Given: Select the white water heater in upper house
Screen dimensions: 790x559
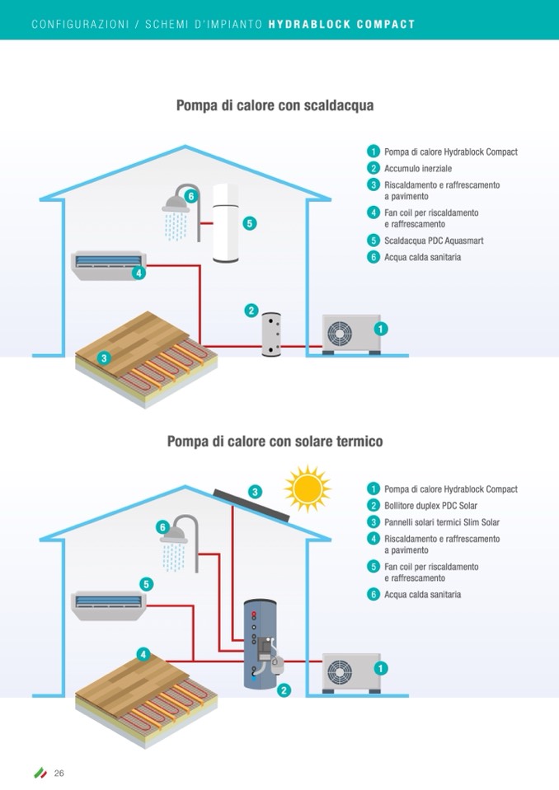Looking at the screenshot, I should [x=225, y=222].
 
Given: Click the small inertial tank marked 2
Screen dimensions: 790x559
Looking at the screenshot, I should [x=271, y=334].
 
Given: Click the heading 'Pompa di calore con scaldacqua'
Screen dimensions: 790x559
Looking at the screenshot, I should [x=275, y=106].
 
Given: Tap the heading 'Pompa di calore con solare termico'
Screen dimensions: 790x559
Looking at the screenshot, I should [x=275, y=442].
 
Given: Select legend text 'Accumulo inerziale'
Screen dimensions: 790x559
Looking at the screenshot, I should [x=417, y=168].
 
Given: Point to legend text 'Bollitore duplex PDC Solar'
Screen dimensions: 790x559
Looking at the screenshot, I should [x=430, y=506].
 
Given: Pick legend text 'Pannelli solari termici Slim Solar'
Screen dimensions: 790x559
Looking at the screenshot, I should [x=441, y=522].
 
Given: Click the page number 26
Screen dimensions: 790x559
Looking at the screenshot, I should [x=59, y=773].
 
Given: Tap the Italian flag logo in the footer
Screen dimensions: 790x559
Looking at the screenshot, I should [x=40, y=773].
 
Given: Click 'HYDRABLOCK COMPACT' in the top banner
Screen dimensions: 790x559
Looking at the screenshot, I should [x=341, y=25].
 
